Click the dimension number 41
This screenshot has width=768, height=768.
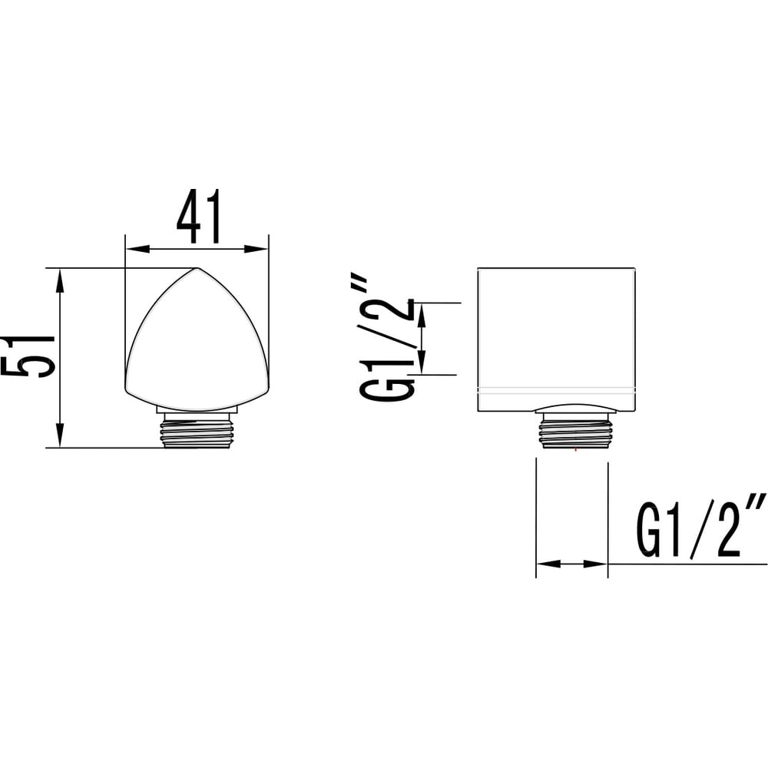(199, 217)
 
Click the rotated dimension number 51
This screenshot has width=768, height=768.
(28, 356)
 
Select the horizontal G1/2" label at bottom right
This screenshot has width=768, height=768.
(700, 526)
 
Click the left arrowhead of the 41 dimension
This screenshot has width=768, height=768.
(137, 249)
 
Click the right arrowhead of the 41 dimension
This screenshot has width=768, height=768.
(257, 249)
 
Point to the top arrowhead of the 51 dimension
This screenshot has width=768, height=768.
(60, 280)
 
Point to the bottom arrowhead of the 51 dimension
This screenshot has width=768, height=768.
(60, 435)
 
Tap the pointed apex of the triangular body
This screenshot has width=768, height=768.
(197, 268)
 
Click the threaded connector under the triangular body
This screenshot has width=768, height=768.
(197, 429)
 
